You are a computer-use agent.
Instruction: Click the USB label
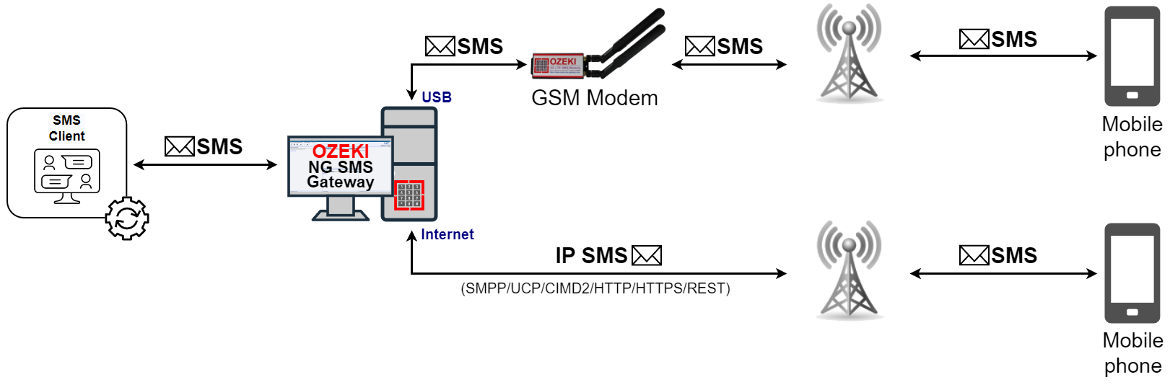coord(436,97)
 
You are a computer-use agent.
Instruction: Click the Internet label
coord(447,234)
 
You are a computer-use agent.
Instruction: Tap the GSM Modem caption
coord(594,98)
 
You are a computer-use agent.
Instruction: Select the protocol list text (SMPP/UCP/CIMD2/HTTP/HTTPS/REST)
coord(595,288)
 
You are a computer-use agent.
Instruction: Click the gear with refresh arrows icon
coord(127,218)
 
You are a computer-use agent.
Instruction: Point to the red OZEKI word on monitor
coord(340,151)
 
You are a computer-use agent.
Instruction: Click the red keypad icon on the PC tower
coord(409,195)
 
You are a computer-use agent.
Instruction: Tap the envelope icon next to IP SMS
coord(646,255)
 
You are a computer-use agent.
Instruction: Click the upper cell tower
coord(849,54)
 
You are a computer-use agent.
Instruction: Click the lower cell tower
coord(849,270)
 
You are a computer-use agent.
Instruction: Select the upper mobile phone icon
coord(1131,56)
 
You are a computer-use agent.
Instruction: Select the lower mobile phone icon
coord(1131,273)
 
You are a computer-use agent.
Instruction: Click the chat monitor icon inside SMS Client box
coord(66,175)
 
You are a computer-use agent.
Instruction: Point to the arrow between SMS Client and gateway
coord(205,165)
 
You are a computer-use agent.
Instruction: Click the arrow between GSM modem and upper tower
coord(729,65)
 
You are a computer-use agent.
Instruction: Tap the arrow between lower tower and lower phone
coord(1003,273)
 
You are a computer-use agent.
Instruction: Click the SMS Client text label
coord(66,128)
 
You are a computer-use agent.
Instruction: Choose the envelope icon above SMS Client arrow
coord(179,147)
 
